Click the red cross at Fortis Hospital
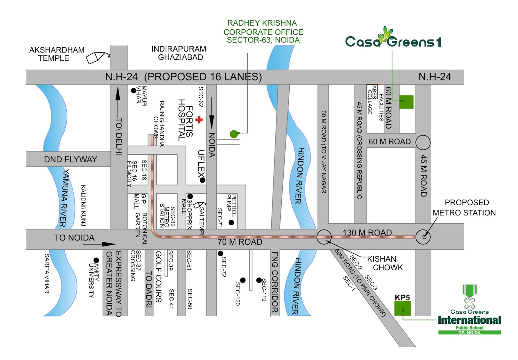(x=199, y=120)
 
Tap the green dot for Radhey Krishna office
(x=234, y=134)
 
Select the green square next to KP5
(x=402, y=308)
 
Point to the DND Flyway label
(x=71, y=159)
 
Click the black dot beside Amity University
(x=96, y=260)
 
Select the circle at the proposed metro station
(x=423, y=237)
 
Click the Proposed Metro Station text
(x=464, y=208)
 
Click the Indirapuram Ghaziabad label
(x=179, y=53)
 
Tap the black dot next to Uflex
(x=202, y=180)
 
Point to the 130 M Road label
(x=367, y=232)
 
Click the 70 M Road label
(x=240, y=242)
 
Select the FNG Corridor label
(x=275, y=282)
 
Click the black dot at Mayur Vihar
(x=133, y=91)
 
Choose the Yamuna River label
(x=64, y=197)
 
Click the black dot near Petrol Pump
(x=231, y=222)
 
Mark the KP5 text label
(x=402, y=297)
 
